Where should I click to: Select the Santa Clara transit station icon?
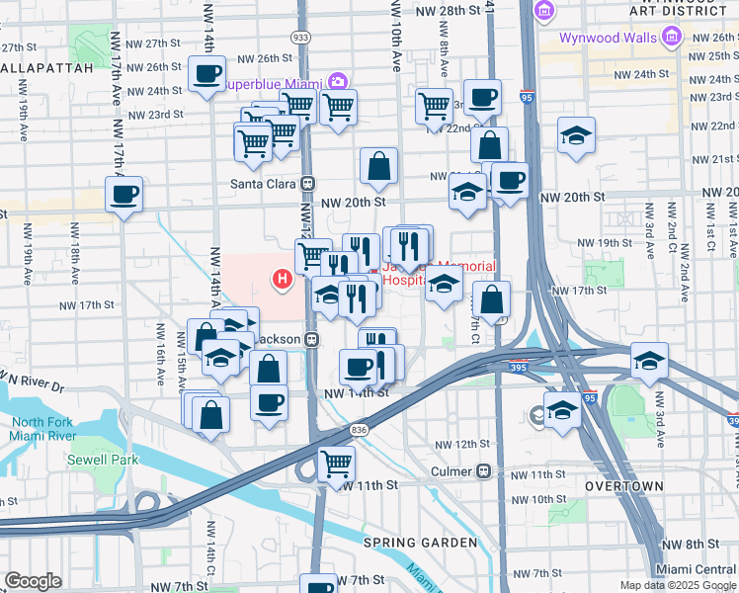(x=308, y=183)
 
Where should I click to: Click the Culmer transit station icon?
(x=483, y=470)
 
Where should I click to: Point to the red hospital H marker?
(x=284, y=281)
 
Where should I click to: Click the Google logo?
(x=32, y=581)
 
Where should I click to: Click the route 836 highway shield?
(x=358, y=430)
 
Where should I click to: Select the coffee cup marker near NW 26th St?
(x=207, y=73)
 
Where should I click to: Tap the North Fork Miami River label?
(x=43, y=429)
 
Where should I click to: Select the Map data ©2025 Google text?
(x=677, y=585)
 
